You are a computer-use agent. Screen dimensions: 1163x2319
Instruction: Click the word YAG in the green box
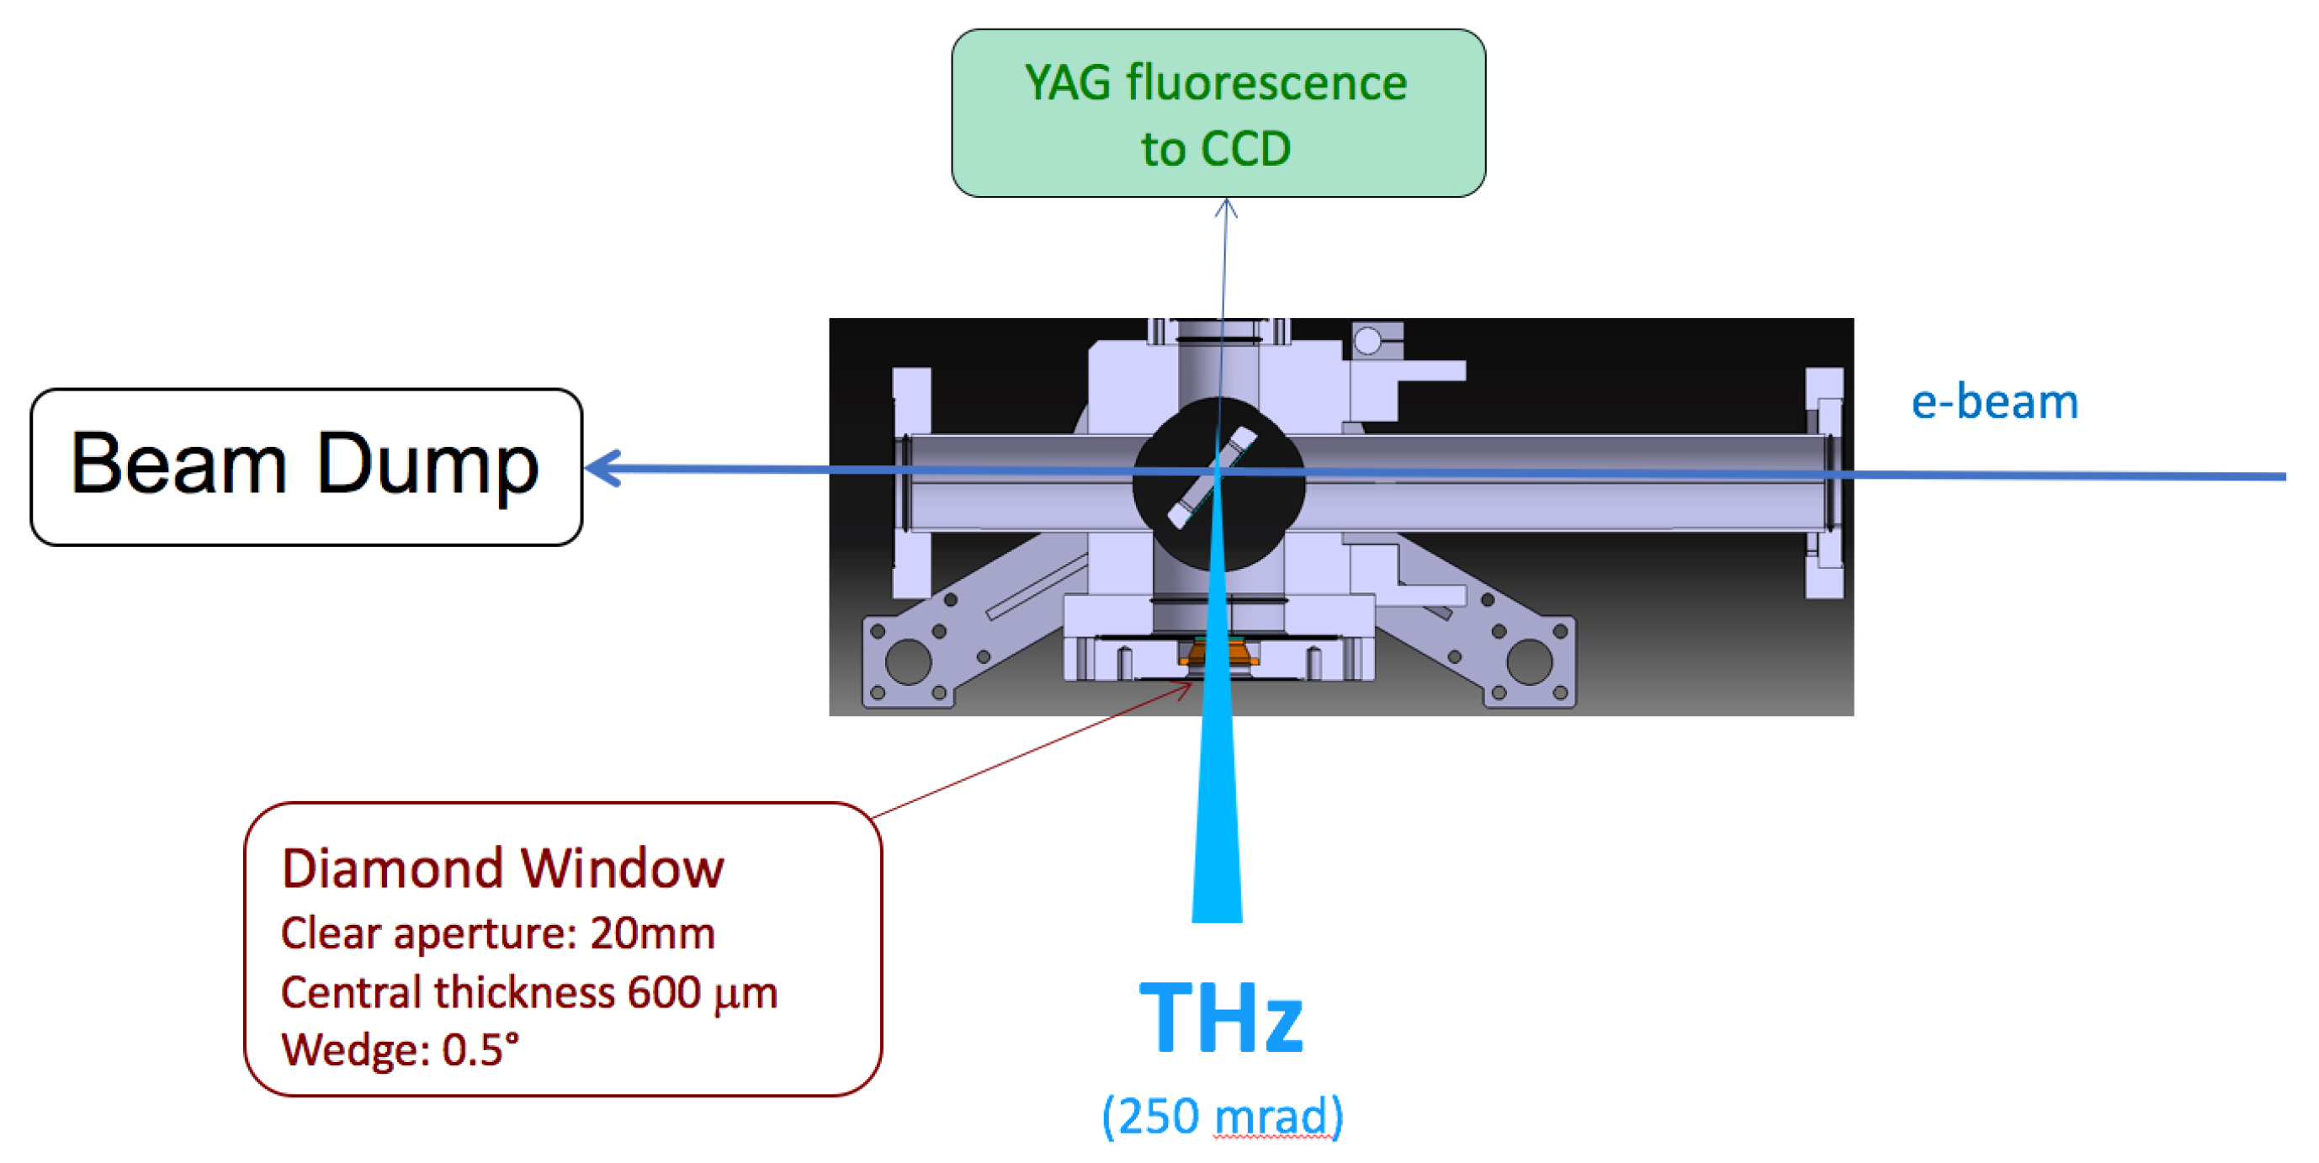click(x=1068, y=83)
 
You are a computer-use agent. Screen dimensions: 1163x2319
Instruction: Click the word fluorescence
click(x=1266, y=83)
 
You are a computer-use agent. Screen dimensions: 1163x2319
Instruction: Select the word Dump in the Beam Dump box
click(x=427, y=465)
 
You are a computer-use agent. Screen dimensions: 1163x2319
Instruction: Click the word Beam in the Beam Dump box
click(x=178, y=465)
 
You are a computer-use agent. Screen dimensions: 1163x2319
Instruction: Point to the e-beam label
click(x=1994, y=402)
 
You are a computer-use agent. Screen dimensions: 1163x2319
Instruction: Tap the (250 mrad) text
click(x=1223, y=1116)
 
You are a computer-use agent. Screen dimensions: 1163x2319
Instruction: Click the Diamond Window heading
click(x=502, y=868)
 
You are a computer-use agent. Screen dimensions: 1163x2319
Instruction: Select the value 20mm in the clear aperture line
click(x=652, y=933)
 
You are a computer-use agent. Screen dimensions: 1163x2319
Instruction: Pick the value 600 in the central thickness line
click(x=663, y=992)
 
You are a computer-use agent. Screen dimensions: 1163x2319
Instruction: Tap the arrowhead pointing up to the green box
click(x=1226, y=209)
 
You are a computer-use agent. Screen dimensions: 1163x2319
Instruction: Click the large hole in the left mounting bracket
click(x=907, y=661)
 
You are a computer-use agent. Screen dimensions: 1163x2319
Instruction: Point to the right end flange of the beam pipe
click(x=1824, y=482)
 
